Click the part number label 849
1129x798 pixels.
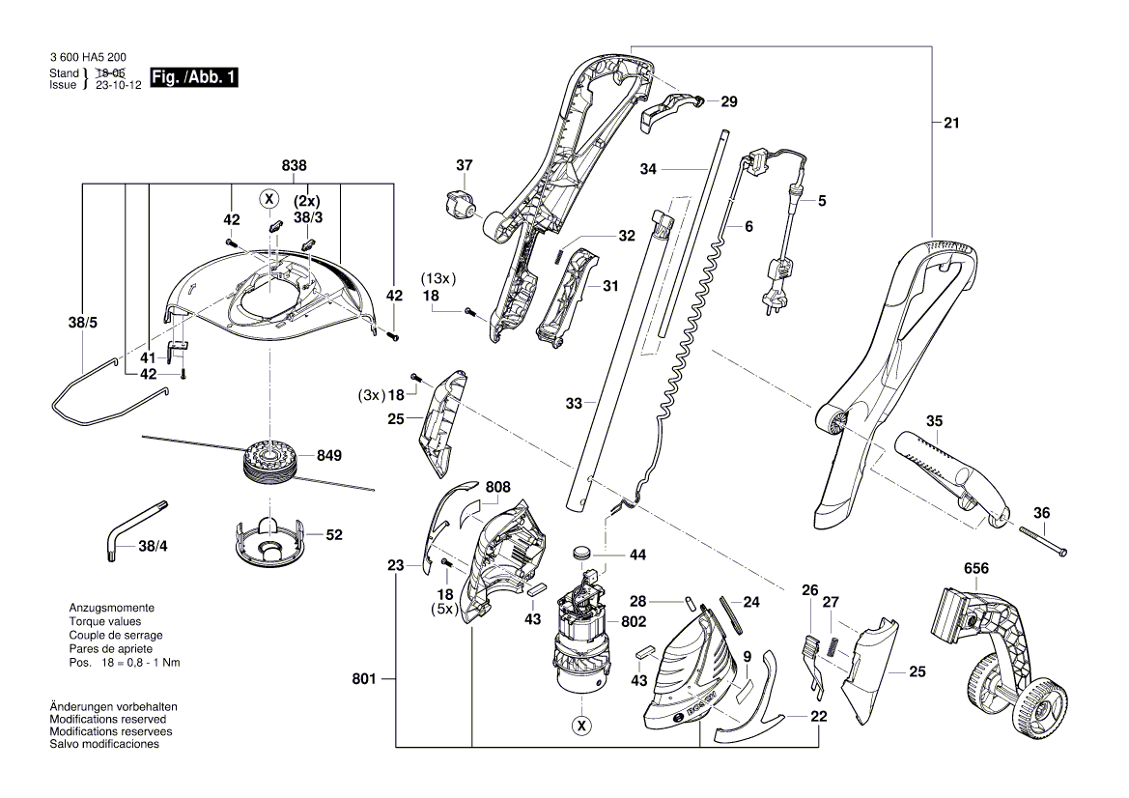click(x=328, y=455)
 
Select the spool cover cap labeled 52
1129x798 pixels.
click(x=266, y=540)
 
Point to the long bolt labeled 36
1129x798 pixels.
click(x=1040, y=537)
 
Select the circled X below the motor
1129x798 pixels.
click(x=580, y=724)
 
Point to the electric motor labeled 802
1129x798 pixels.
click(x=579, y=638)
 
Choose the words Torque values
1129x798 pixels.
click(x=105, y=622)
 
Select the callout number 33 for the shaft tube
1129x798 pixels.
click(x=575, y=404)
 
